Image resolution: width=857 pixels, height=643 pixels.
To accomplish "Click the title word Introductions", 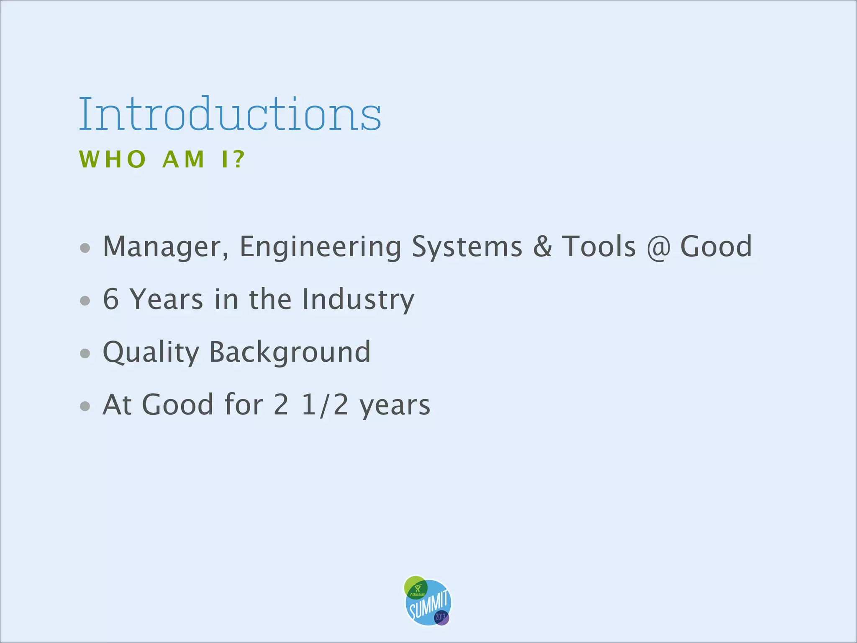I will (230, 114).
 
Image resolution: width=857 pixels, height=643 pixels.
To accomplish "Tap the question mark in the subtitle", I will (239, 159).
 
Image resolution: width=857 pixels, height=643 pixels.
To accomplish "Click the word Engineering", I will (320, 247).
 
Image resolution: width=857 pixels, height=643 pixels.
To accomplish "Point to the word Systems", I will (467, 247).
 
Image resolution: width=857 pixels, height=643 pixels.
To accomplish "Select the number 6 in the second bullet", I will (111, 299).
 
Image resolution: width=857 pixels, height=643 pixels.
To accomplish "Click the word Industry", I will (358, 299).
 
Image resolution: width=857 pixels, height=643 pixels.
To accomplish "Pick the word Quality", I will (151, 352).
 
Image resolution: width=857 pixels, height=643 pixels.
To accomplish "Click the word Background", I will (290, 352).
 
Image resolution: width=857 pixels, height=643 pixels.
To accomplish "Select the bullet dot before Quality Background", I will (85, 353).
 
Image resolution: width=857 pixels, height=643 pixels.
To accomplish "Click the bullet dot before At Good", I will (85, 406).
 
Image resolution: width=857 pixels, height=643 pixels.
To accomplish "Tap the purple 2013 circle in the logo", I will (441, 617).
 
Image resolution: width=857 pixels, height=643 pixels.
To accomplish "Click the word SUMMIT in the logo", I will (429, 605).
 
